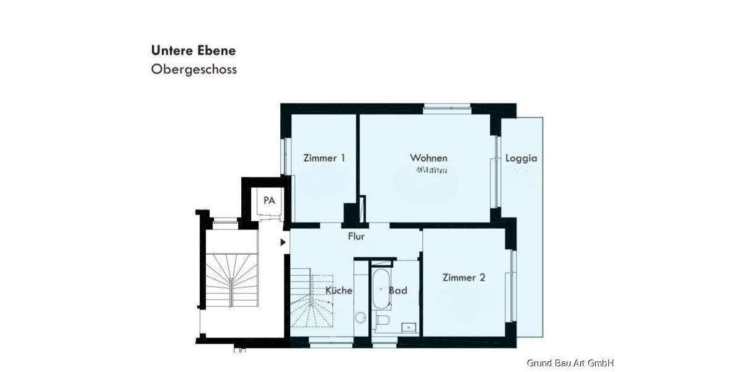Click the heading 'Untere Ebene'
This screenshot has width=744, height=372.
(x=193, y=50)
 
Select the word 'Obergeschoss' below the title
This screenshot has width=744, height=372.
(x=193, y=69)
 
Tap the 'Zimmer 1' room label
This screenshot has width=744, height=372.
(x=324, y=158)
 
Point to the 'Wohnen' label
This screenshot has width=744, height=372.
(x=428, y=158)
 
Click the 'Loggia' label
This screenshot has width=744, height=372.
(x=521, y=158)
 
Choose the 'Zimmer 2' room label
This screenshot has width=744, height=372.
(x=464, y=278)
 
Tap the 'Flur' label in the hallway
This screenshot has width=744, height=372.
(x=356, y=236)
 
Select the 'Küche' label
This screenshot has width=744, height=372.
(x=339, y=290)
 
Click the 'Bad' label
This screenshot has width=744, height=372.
(x=398, y=290)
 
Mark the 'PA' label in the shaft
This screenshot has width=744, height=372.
(x=269, y=200)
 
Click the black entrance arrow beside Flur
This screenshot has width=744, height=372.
(x=283, y=242)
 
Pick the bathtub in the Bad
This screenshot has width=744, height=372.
(x=380, y=288)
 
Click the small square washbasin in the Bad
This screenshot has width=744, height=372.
(x=409, y=326)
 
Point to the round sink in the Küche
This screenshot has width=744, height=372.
(x=361, y=317)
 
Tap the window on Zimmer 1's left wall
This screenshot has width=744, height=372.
(x=286, y=155)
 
